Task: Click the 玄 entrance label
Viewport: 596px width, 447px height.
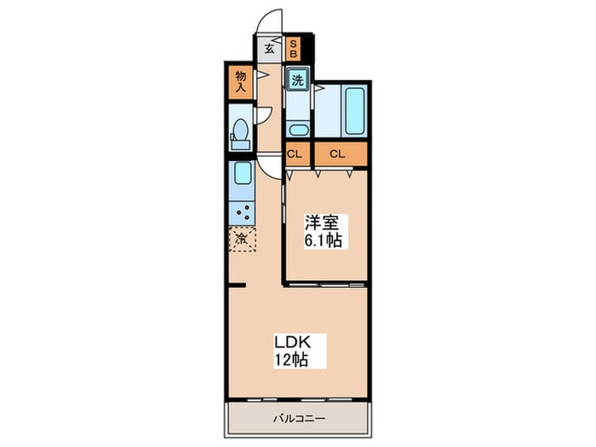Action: [x=268, y=49]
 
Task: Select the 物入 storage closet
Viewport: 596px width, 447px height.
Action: [x=240, y=82]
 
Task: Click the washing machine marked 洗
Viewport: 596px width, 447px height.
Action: [x=297, y=81]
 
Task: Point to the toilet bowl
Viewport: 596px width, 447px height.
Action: [x=240, y=133]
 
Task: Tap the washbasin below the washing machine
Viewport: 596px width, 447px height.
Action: [x=297, y=130]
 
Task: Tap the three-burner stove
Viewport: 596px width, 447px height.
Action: [x=241, y=211]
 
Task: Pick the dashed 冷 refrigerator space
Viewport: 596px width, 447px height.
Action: [x=241, y=238]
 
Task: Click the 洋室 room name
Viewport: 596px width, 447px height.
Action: [x=323, y=224]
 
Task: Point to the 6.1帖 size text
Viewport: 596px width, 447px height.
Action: [x=323, y=241]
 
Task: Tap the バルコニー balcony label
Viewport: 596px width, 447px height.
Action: [x=297, y=418]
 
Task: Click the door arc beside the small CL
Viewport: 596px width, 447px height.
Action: [x=269, y=167]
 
